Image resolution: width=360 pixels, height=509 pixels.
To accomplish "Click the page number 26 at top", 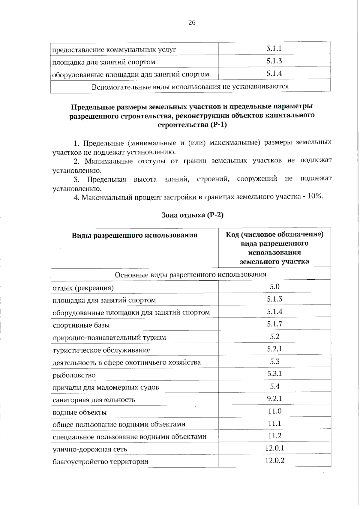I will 192,22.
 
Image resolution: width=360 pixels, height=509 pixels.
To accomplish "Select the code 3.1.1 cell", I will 274,49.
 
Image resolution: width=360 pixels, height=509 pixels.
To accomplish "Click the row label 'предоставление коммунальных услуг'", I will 114,49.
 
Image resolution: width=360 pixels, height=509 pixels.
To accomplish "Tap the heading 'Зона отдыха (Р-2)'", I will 192,215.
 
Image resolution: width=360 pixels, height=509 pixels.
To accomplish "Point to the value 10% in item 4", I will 315,196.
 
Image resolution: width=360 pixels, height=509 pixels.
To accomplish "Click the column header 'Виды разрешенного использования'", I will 134,235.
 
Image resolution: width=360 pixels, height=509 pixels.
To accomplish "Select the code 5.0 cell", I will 274,287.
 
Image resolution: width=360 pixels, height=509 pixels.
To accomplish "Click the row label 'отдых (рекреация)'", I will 83,288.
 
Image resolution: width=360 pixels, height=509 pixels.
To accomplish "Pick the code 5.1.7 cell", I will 274,324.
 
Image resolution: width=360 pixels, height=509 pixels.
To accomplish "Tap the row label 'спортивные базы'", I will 81,325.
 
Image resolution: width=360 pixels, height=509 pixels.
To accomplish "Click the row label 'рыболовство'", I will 74,375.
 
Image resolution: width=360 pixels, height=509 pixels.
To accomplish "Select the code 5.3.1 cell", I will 274,374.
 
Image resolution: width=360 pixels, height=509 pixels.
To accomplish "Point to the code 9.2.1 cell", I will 274,399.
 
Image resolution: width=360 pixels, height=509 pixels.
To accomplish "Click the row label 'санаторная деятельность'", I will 94,400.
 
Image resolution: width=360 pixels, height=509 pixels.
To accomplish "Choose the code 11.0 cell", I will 274,411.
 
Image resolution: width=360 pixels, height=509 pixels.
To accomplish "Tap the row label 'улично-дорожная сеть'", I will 90,449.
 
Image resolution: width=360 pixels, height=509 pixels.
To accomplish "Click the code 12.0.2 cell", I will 274,460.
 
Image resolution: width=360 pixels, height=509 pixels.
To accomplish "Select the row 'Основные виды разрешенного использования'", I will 190,274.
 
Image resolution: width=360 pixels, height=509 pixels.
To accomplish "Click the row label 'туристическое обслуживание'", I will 101,350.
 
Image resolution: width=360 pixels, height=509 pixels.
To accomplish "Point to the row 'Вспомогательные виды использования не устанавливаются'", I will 190,87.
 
